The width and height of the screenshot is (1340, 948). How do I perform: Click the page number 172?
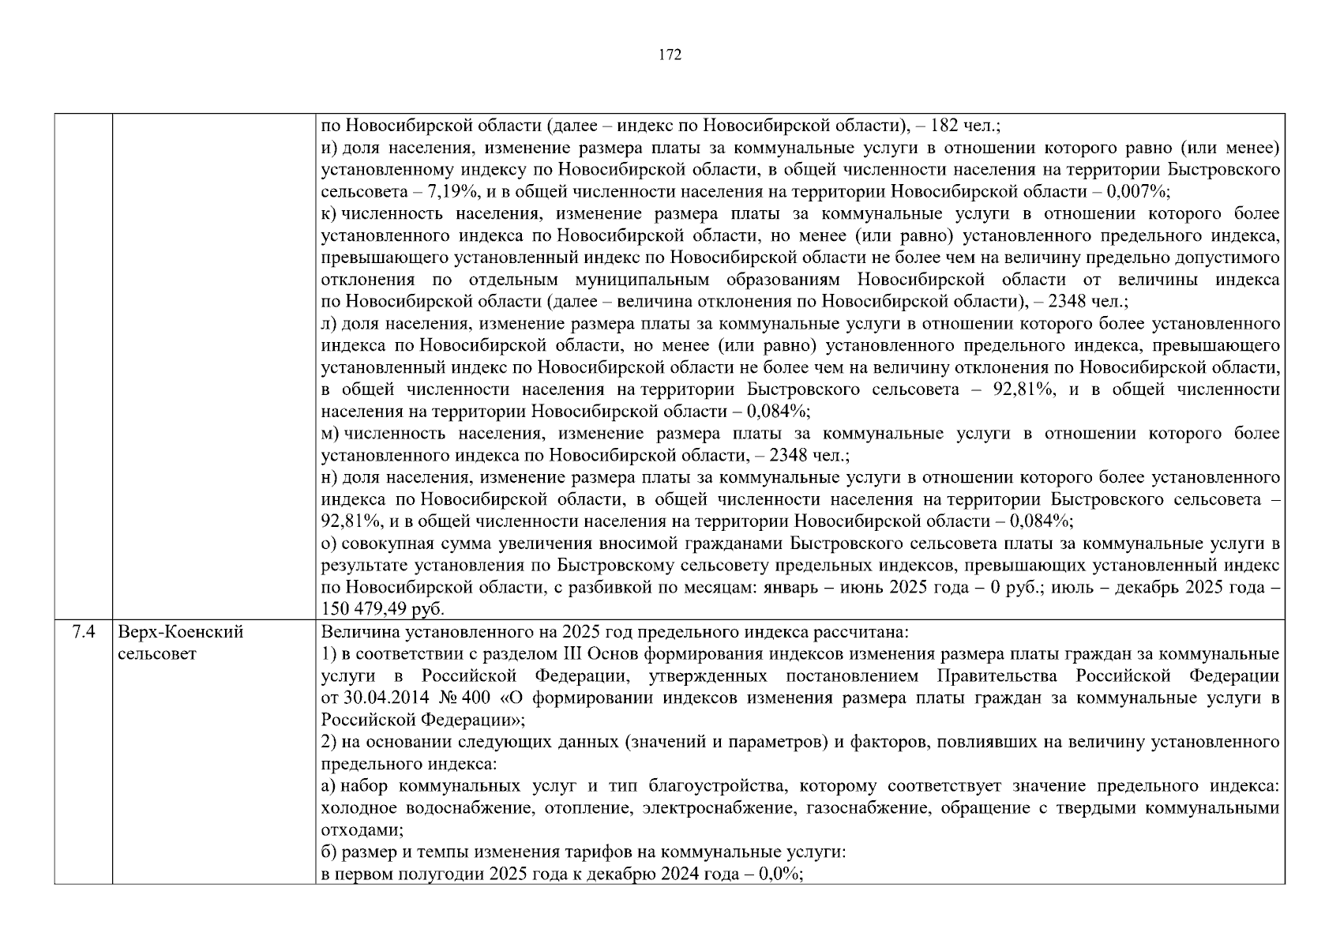(x=670, y=55)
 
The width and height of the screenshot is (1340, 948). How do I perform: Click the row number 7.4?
(x=83, y=632)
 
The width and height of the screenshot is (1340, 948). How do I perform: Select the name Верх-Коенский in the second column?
(x=181, y=632)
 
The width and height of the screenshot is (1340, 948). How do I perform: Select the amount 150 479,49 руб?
(x=383, y=609)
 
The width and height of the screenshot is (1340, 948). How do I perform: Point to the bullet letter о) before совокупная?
(x=329, y=544)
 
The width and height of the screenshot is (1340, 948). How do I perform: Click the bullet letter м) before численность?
(x=330, y=434)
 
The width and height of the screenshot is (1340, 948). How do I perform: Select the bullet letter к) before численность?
(x=329, y=214)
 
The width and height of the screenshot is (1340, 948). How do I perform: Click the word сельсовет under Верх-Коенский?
(x=156, y=654)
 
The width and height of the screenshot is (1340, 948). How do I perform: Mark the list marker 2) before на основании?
(x=328, y=742)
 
